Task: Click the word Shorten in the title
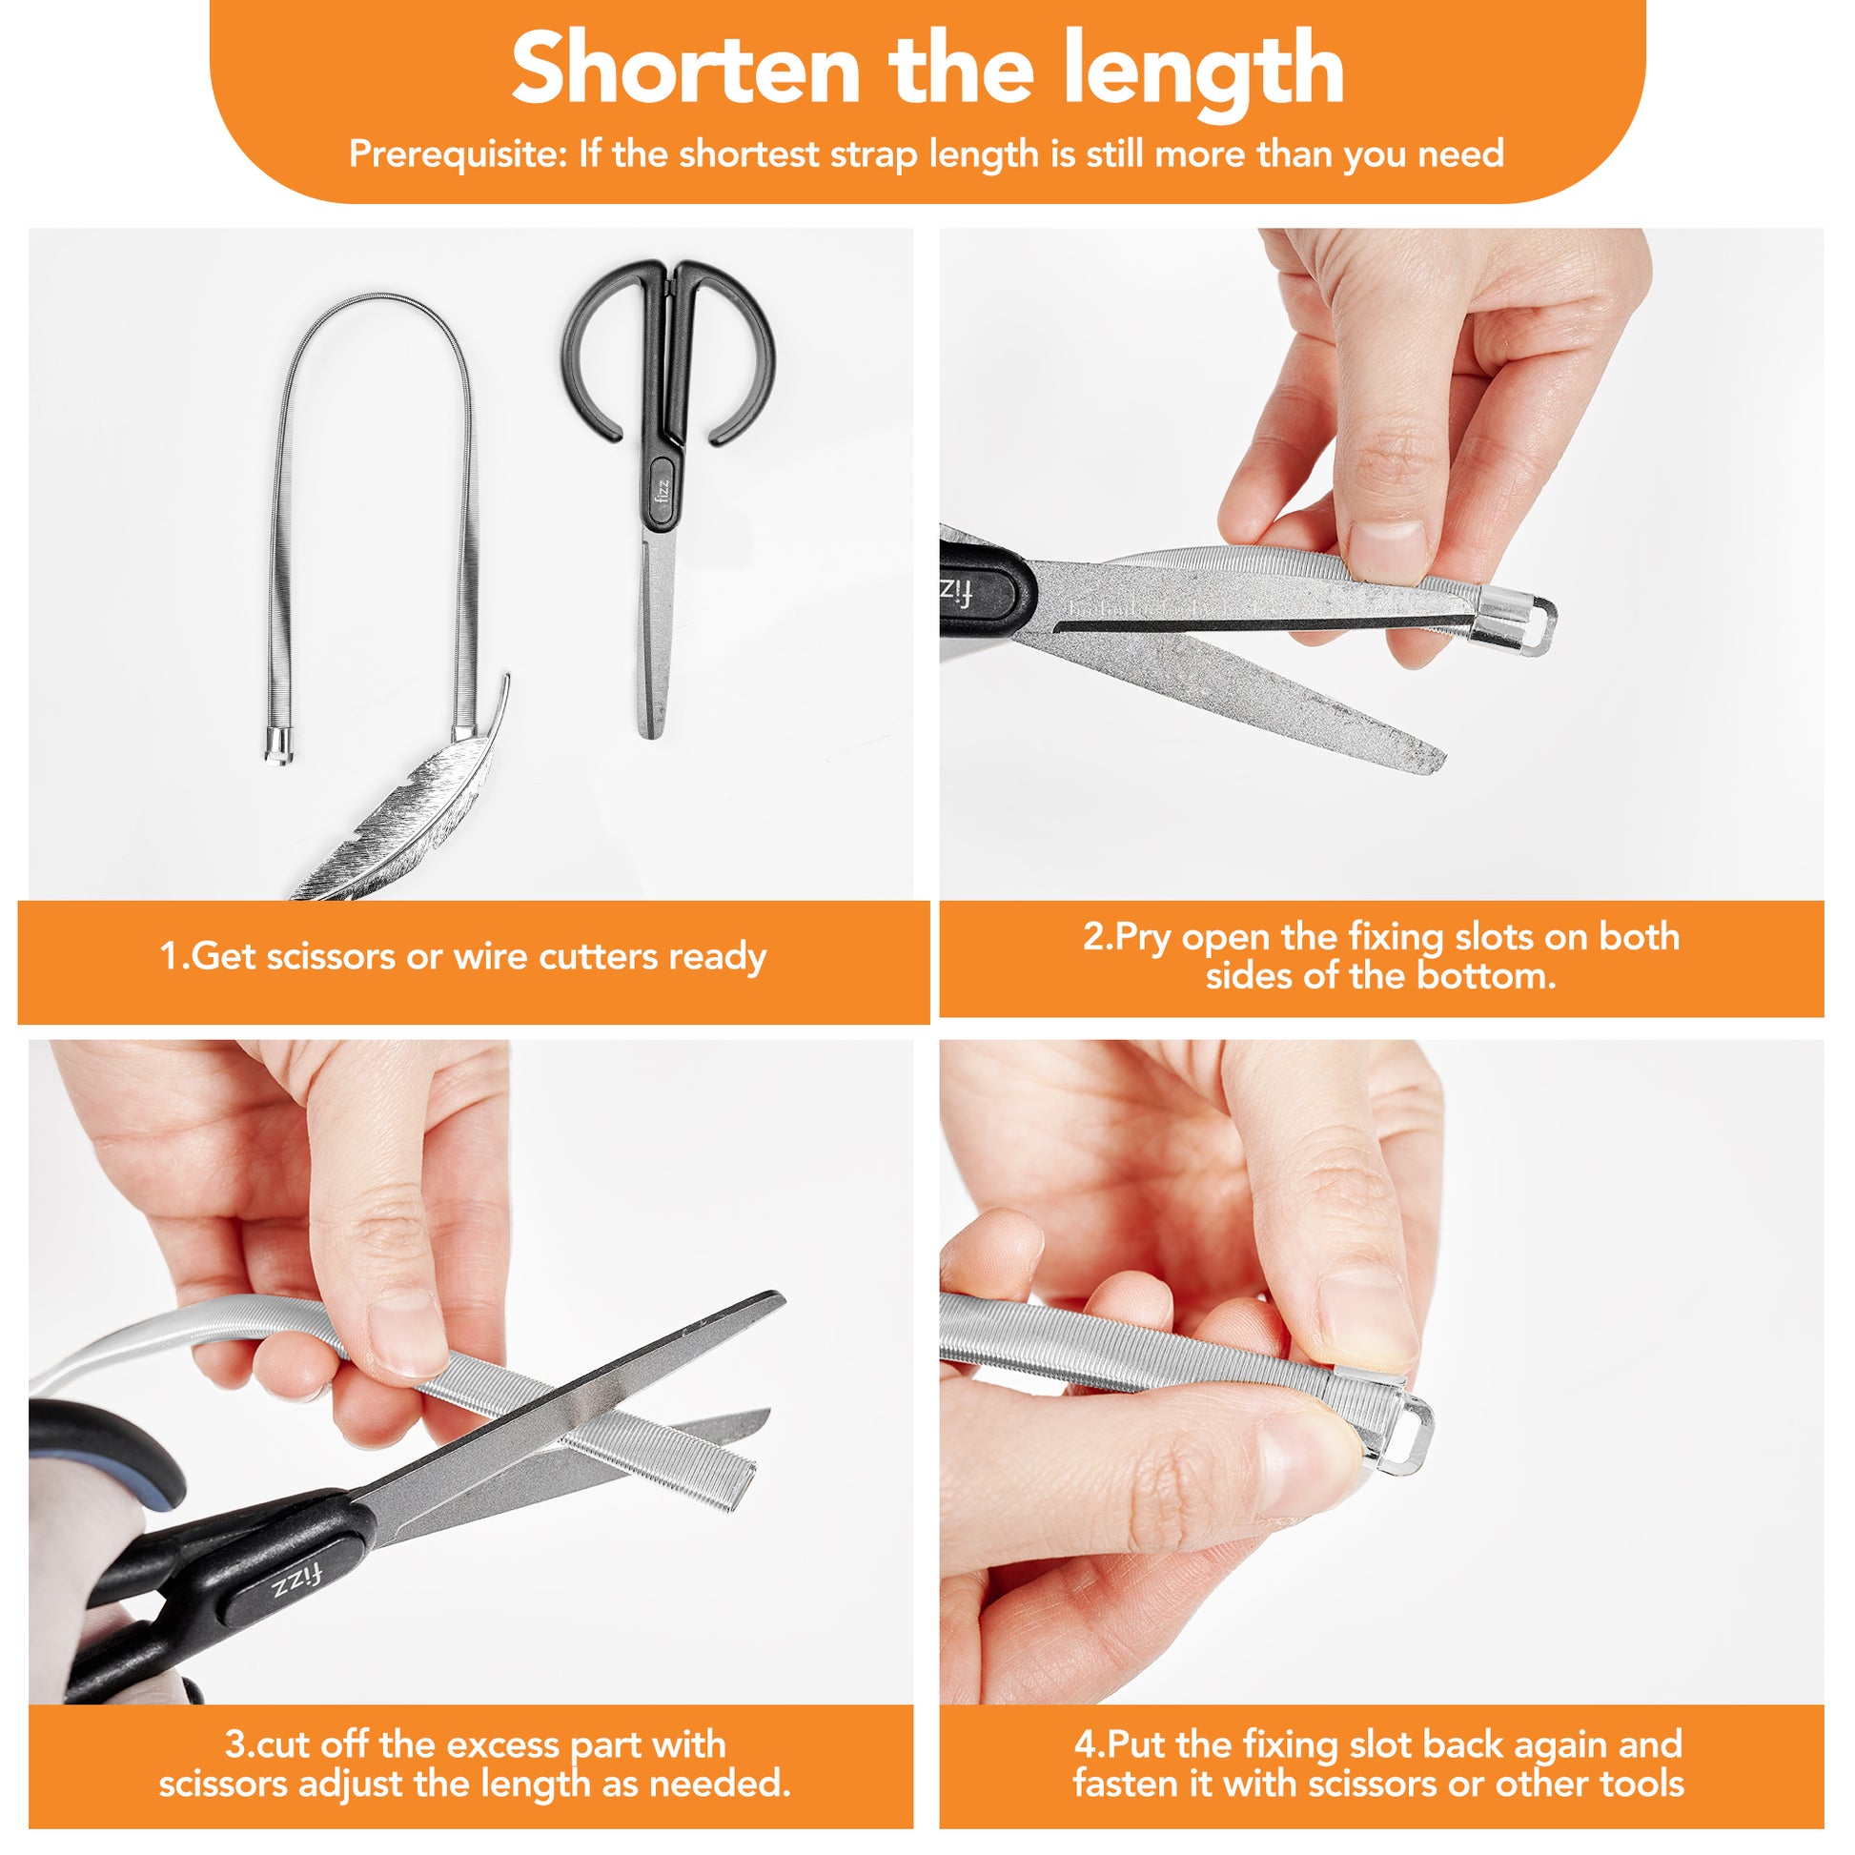point(685,69)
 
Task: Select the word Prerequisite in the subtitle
point(458,153)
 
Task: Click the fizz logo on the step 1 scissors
point(662,493)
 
